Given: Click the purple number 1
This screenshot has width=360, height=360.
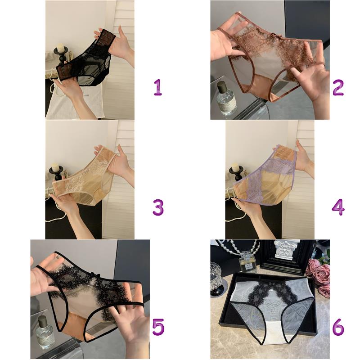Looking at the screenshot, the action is click(x=158, y=87).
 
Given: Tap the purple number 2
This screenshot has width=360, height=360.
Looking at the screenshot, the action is click(x=338, y=87).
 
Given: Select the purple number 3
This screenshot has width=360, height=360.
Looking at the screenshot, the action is click(x=158, y=207).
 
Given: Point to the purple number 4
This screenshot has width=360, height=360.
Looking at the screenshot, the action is click(x=338, y=207).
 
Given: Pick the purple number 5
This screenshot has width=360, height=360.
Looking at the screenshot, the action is click(x=158, y=327).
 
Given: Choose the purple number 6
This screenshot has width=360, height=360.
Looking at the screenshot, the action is click(x=338, y=327).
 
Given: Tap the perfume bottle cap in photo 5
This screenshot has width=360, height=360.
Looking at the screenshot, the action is click(x=42, y=321).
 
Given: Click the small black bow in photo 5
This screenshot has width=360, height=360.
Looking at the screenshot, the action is click(x=93, y=274).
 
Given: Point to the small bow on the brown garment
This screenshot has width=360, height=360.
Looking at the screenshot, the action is click(x=273, y=36).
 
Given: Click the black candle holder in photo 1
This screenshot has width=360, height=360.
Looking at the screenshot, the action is click(x=61, y=55).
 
